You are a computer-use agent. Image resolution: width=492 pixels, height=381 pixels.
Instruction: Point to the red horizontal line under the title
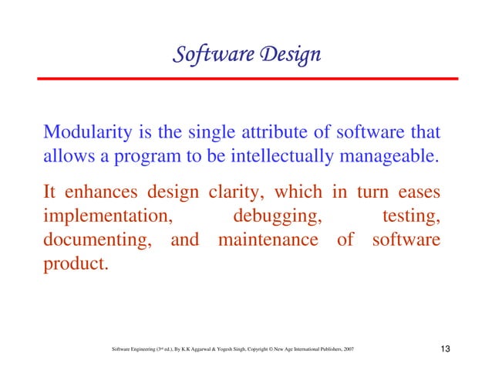coord(246,78)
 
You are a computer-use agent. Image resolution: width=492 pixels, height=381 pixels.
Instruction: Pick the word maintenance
coord(268,240)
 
